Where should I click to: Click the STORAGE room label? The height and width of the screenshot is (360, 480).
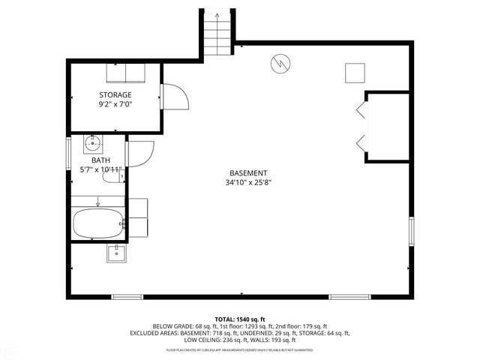tap(115, 94)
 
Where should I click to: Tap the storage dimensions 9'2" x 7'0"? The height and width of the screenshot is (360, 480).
tap(115, 105)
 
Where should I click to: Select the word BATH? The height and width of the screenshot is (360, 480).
tap(100, 160)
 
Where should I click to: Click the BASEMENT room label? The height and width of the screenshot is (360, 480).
tap(247, 172)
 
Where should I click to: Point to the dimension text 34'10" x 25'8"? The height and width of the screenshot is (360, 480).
tap(247, 182)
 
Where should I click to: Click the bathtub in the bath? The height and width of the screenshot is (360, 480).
tap(97, 223)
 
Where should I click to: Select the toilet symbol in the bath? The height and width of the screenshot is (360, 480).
tap(116, 177)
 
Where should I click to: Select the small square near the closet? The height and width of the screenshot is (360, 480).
tap(354, 72)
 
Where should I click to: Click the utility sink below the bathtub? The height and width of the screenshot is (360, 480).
tap(116, 253)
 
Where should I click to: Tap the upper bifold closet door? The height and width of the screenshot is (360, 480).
tap(361, 110)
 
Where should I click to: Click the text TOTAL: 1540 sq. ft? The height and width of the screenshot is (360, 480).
tap(240, 319)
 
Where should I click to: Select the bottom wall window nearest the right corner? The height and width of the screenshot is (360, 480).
tap(350, 296)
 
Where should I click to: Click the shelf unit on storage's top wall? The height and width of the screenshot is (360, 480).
tap(126, 73)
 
